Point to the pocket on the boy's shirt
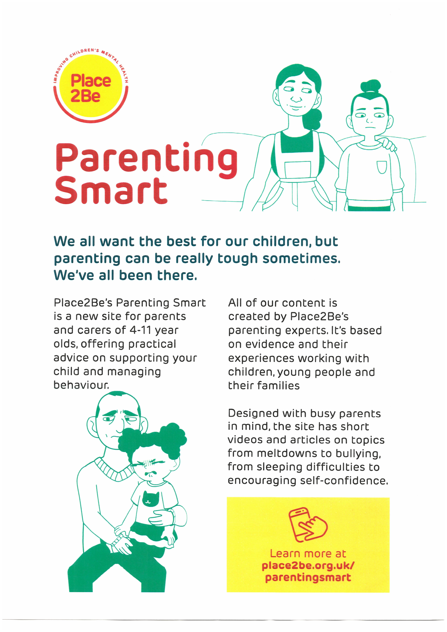(382, 167)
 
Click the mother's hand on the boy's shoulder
(388, 143)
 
